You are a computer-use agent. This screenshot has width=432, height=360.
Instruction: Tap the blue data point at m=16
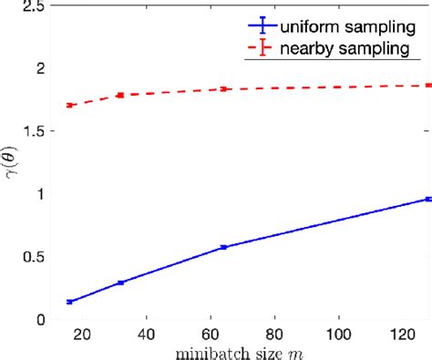click(69, 302)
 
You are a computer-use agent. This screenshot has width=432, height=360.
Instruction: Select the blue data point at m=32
click(120, 283)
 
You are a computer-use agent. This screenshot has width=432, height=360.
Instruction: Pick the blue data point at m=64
click(223, 247)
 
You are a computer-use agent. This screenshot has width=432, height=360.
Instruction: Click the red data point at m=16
click(69, 105)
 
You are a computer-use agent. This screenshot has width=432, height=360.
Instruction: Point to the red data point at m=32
click(120, 95)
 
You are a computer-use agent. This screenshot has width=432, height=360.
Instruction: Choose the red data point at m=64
click(223, 89)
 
